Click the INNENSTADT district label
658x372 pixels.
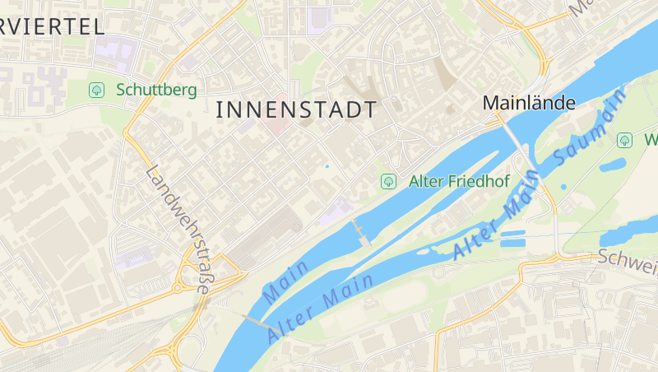click(296, 109)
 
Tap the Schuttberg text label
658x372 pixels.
click(156, 89)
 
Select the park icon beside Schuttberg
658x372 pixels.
click(97, 89)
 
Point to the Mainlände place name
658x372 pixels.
click(529, 103)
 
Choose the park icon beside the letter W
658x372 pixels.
click(624, 140)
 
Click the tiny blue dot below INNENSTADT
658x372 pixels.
click(327, 166)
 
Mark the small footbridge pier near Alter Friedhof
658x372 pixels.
click(360, 231)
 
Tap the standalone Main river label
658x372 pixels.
click(285, 280)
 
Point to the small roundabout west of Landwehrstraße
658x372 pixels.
click(176, 288)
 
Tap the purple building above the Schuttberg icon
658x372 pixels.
click(114, 54)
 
